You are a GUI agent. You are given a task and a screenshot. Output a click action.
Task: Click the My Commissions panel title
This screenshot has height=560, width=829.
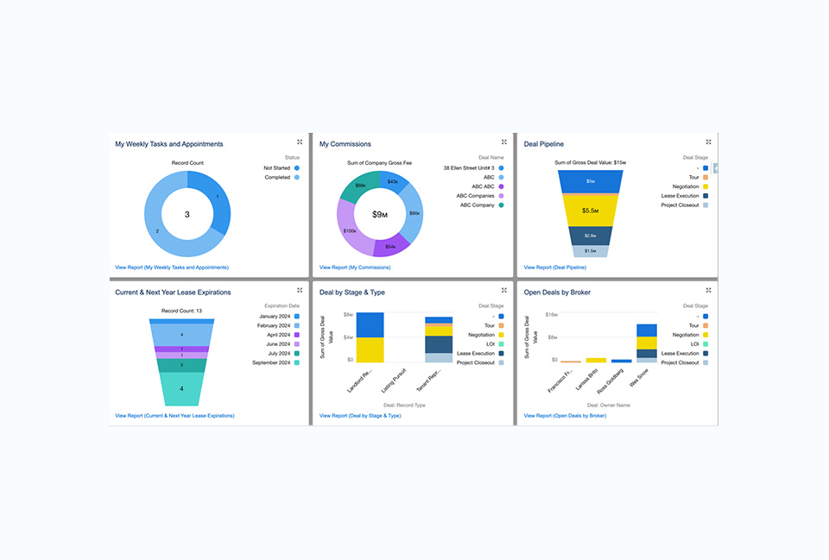pos(345,144)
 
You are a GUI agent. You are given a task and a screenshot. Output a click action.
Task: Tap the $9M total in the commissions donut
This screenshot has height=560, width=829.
pos(381,214)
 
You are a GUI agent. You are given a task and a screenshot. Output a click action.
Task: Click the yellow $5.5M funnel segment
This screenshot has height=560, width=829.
pos(590,211)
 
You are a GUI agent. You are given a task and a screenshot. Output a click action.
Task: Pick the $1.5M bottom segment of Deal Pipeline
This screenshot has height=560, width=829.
pos(590,250)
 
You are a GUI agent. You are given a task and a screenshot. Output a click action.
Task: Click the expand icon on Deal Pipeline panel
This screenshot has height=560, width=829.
pos(708,142)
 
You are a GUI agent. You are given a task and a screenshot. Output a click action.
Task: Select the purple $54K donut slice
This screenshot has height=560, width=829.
pos(389,246)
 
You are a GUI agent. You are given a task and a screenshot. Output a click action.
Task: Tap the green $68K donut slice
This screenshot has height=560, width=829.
pos(361,185)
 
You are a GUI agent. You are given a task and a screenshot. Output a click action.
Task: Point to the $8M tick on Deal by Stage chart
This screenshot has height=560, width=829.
pos(347,315)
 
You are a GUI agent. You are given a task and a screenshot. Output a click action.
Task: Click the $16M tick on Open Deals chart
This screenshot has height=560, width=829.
pos(551,315)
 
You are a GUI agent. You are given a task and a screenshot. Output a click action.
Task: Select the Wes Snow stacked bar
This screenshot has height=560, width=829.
pos(647,343)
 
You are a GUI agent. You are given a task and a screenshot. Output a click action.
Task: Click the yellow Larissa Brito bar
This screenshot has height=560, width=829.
pos(596,360)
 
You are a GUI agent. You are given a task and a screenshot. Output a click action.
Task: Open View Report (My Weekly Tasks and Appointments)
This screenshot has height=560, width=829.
pos(171,267)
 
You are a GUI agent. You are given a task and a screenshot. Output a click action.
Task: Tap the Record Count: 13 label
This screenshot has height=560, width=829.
pos(181,311)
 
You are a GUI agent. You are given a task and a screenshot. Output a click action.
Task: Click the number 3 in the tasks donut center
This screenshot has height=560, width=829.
pos(187,214)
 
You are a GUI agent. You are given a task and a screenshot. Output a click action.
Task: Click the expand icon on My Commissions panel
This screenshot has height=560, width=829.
pos(504,142)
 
